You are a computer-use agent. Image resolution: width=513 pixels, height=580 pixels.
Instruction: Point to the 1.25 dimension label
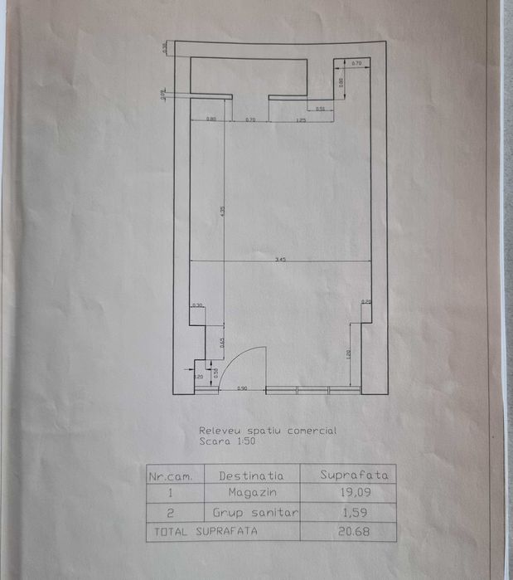point(302,120)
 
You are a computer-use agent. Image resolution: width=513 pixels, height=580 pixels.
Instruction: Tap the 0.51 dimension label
point(320,109)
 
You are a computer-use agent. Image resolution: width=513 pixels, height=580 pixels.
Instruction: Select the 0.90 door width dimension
point(243,388)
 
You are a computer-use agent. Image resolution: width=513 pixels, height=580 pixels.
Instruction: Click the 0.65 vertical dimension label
point(221,340)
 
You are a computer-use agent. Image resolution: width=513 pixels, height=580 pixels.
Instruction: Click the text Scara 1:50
point(226,442)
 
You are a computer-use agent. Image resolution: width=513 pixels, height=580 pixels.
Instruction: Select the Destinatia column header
point(251,475)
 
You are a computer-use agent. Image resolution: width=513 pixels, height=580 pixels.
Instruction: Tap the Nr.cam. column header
point(169,475)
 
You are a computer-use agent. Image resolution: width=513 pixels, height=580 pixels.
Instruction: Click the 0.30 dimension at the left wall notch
point(197,305)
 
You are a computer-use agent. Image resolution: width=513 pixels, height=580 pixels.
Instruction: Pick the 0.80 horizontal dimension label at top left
point(211,120)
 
